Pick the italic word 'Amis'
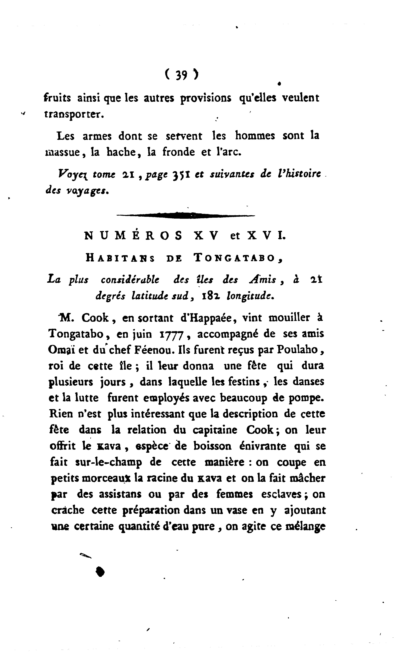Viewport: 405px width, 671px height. [263, 280]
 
